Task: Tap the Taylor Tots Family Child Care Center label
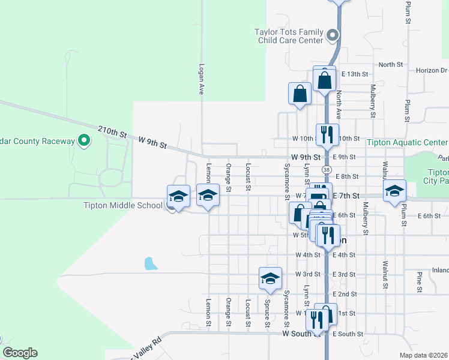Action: [x=289, y=36]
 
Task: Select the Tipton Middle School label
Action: [x=124, y=206]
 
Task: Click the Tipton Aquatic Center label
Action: [x=408, y=142]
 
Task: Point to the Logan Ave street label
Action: [x=202, y=79]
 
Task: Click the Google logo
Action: [x=20, y=353]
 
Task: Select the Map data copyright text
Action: [x=423, y=354]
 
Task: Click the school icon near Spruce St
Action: [x=271, y=277]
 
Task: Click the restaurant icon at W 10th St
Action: [x=327, y=134]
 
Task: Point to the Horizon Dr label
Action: [x=432, y=70]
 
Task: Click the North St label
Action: [x=390, y=65]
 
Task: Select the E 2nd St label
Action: [x=345, y=295]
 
